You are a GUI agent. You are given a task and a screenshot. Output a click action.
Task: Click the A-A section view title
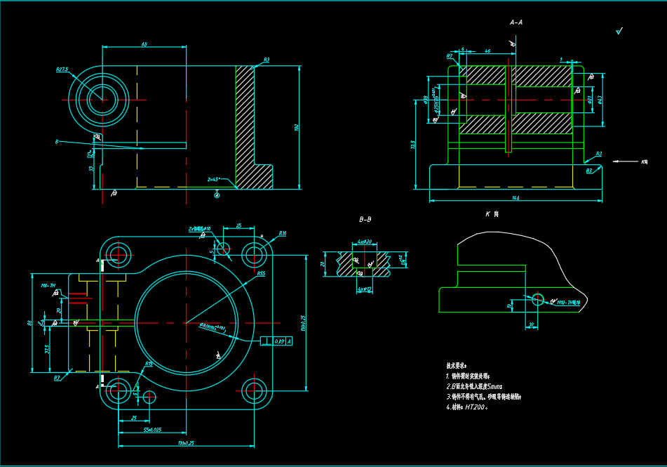(516, 22)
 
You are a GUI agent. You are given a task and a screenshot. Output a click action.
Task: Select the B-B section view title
(365, 220)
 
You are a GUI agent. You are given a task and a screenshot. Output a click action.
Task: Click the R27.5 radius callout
(62, 70)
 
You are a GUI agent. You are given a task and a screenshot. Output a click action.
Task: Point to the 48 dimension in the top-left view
(144, 44)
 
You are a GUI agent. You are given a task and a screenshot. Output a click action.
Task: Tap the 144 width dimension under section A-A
(516, 198)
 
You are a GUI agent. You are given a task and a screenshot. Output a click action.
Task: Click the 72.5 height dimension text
(414, 145)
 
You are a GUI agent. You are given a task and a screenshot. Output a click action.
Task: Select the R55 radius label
(261, 273)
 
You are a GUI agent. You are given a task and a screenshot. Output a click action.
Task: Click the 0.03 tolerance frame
(280, 341)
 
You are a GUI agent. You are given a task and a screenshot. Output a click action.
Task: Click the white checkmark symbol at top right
(619, 31)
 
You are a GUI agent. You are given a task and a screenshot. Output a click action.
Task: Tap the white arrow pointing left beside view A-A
(624, 162)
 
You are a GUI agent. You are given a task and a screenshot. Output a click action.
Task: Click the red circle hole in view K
(537, 299)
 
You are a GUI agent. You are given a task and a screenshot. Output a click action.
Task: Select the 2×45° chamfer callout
(215, 179)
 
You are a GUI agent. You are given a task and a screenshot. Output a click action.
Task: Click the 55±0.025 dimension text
(152, 429)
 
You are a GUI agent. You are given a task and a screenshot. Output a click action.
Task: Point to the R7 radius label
(57, 377)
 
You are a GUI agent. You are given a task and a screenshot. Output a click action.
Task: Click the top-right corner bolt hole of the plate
(253, 253)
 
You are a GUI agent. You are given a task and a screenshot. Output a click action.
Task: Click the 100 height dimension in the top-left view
(297, 127)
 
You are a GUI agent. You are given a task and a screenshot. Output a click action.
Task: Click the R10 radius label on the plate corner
(282, 233)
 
